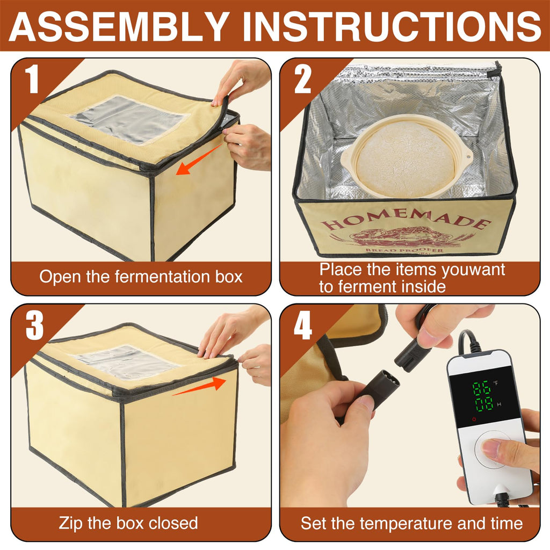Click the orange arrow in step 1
[199, 161]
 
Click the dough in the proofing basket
[406, 158]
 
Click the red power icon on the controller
[459, 418]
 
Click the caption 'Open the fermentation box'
[141, 277]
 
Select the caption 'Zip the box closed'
[128, 523]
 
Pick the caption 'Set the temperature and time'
[411, 523]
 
